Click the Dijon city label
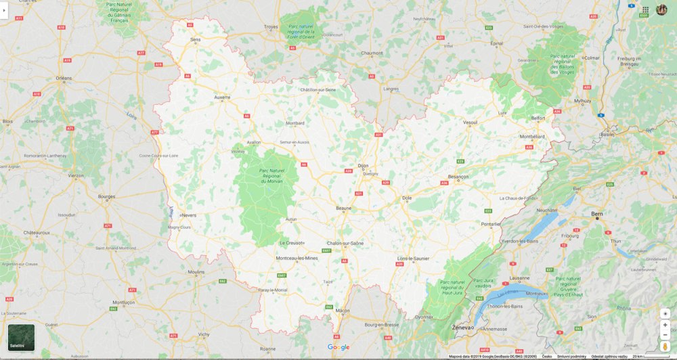pos(364,166)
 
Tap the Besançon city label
pos(458,177)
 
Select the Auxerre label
pos(222,97)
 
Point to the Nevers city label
pos(189,215)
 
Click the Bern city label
pos(597,214)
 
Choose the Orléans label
pos(64,78)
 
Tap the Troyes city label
pos(271,27)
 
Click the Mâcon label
pos(342,311)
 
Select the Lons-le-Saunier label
pos(414,258)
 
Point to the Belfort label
pos(538,118)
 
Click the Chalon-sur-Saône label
pos(345,243)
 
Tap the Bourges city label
pos(107,197)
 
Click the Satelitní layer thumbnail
pos(21,337)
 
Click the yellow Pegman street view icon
pos(665,346)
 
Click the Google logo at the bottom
pos(338,347)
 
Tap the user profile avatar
pos(661,9)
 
